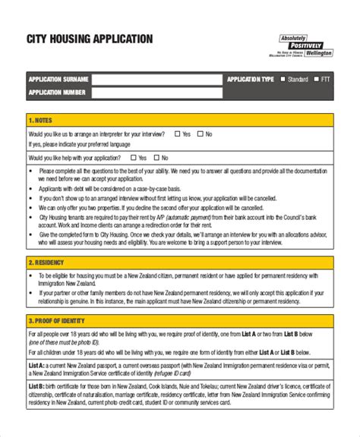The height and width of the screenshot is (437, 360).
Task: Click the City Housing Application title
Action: coord(90,39)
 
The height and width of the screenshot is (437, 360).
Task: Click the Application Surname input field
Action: coord(157,79)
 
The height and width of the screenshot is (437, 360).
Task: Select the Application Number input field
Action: coord(157,93)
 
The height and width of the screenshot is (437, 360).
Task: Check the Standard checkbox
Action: coord(283,79)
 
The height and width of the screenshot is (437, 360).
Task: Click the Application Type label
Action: coord(250,79)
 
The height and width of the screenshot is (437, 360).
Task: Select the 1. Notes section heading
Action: coord(41,120)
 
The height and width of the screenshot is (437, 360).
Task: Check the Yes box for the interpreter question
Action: coord(177,134)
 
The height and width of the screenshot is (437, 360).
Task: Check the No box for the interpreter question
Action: coord(200,134)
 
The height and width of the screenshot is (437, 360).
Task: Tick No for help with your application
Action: coord(156,158)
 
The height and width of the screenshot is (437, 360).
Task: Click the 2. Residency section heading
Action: coord(46,263)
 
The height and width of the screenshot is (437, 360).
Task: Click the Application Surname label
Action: coord(58,79)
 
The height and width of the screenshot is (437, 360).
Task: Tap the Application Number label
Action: coord(57,93)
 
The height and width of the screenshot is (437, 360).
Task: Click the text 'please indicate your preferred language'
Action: coord(83,144)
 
